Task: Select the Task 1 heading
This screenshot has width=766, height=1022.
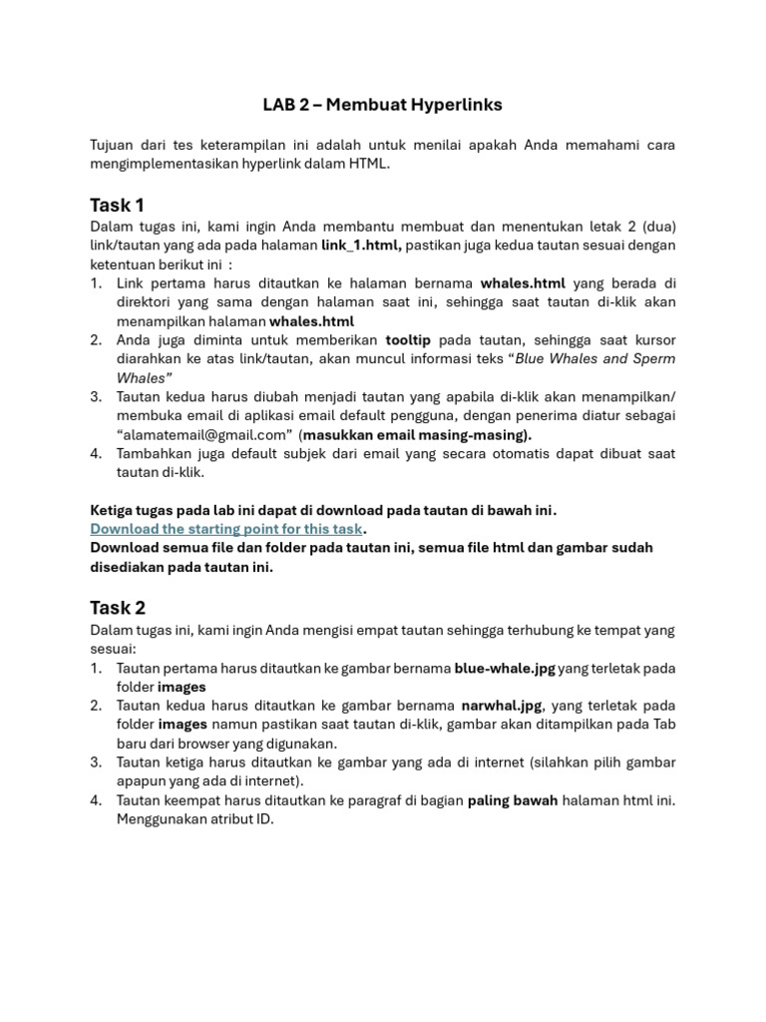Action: [x=117, y=206]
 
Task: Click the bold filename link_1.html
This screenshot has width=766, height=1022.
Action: [x=361, y=246]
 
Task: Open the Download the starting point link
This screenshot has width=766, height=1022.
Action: [x=226, y=529]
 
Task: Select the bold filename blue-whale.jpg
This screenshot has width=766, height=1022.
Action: [x=505, y=669]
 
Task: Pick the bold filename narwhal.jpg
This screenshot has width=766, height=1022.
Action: [x=502, y=706]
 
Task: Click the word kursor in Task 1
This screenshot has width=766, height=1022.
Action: [x=653, y=340]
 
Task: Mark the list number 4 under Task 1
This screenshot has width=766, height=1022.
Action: [x=96, y=454]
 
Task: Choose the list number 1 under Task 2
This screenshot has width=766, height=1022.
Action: [x=96, y=669]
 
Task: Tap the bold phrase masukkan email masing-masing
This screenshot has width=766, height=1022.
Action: [x=417, y=435]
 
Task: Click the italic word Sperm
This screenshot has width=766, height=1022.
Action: [x=654, y=359]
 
